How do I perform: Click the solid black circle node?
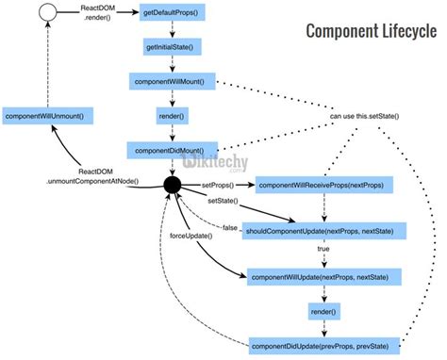point(174,185)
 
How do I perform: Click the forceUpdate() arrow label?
point(190,235)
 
